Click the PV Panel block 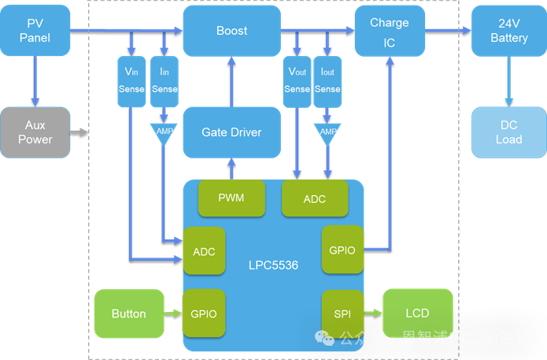click(35, 32)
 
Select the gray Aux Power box click(35, 132)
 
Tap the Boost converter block click(231, 32)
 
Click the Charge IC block click(390, 32)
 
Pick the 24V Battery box click(508, 32)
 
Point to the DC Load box click(508, 132)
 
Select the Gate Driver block click(231, 132)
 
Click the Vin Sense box click(131, 80)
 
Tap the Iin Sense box click(164, 80)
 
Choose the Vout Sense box click(297, 80)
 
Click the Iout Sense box click(327, 80)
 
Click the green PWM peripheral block click(231, 199)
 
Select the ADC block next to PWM click(315, 199)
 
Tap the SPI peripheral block click(342, 314)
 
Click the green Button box click(128, 314)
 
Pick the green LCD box click(417, 314)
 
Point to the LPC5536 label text click(273, 265)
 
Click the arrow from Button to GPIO click(173, 314)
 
